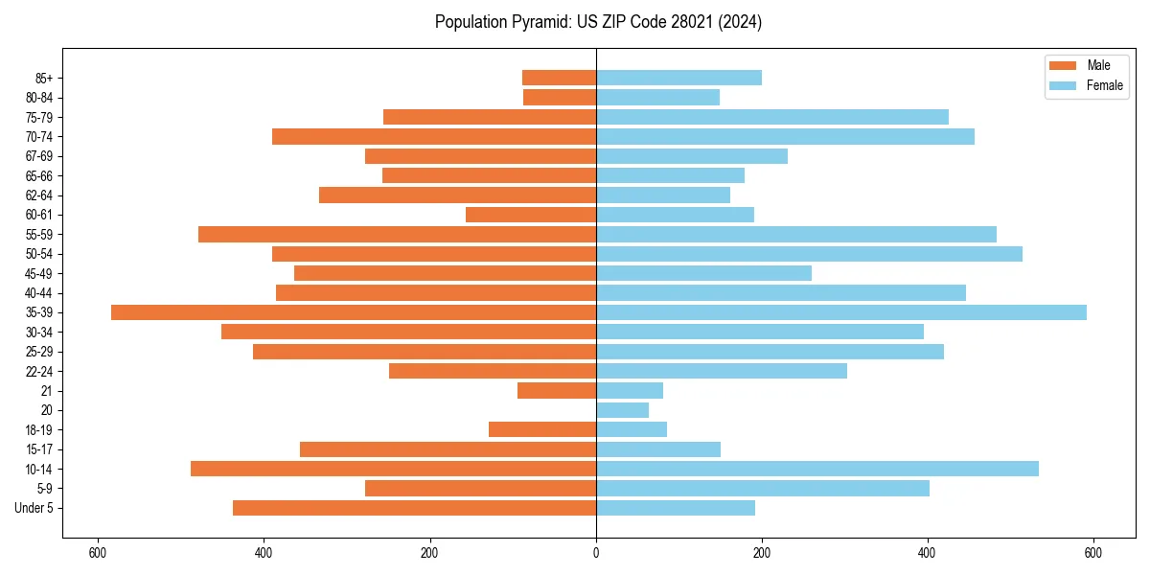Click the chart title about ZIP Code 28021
[x=598, y=22]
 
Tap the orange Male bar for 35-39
[x=354, y=312]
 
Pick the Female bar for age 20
[x=622, y=410]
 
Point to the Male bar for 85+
[x=559, y=78]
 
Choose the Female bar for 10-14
[x=817, y=469]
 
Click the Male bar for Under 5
[x=414, y=508]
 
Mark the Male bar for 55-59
[x=397, y=234]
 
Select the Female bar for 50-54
[x=809, y=254]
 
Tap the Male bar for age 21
[x=557, y=391]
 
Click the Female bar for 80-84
[x=657, y=97]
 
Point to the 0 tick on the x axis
[x=596, y=553]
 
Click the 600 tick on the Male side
[x=97, y=553]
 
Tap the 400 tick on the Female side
[x=927, y=553]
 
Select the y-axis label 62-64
[x=39, y=195]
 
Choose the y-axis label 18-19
[x=39, y=430]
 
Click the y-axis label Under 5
[x=34, y=508]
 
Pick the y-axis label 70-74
[x=39, y=136]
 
